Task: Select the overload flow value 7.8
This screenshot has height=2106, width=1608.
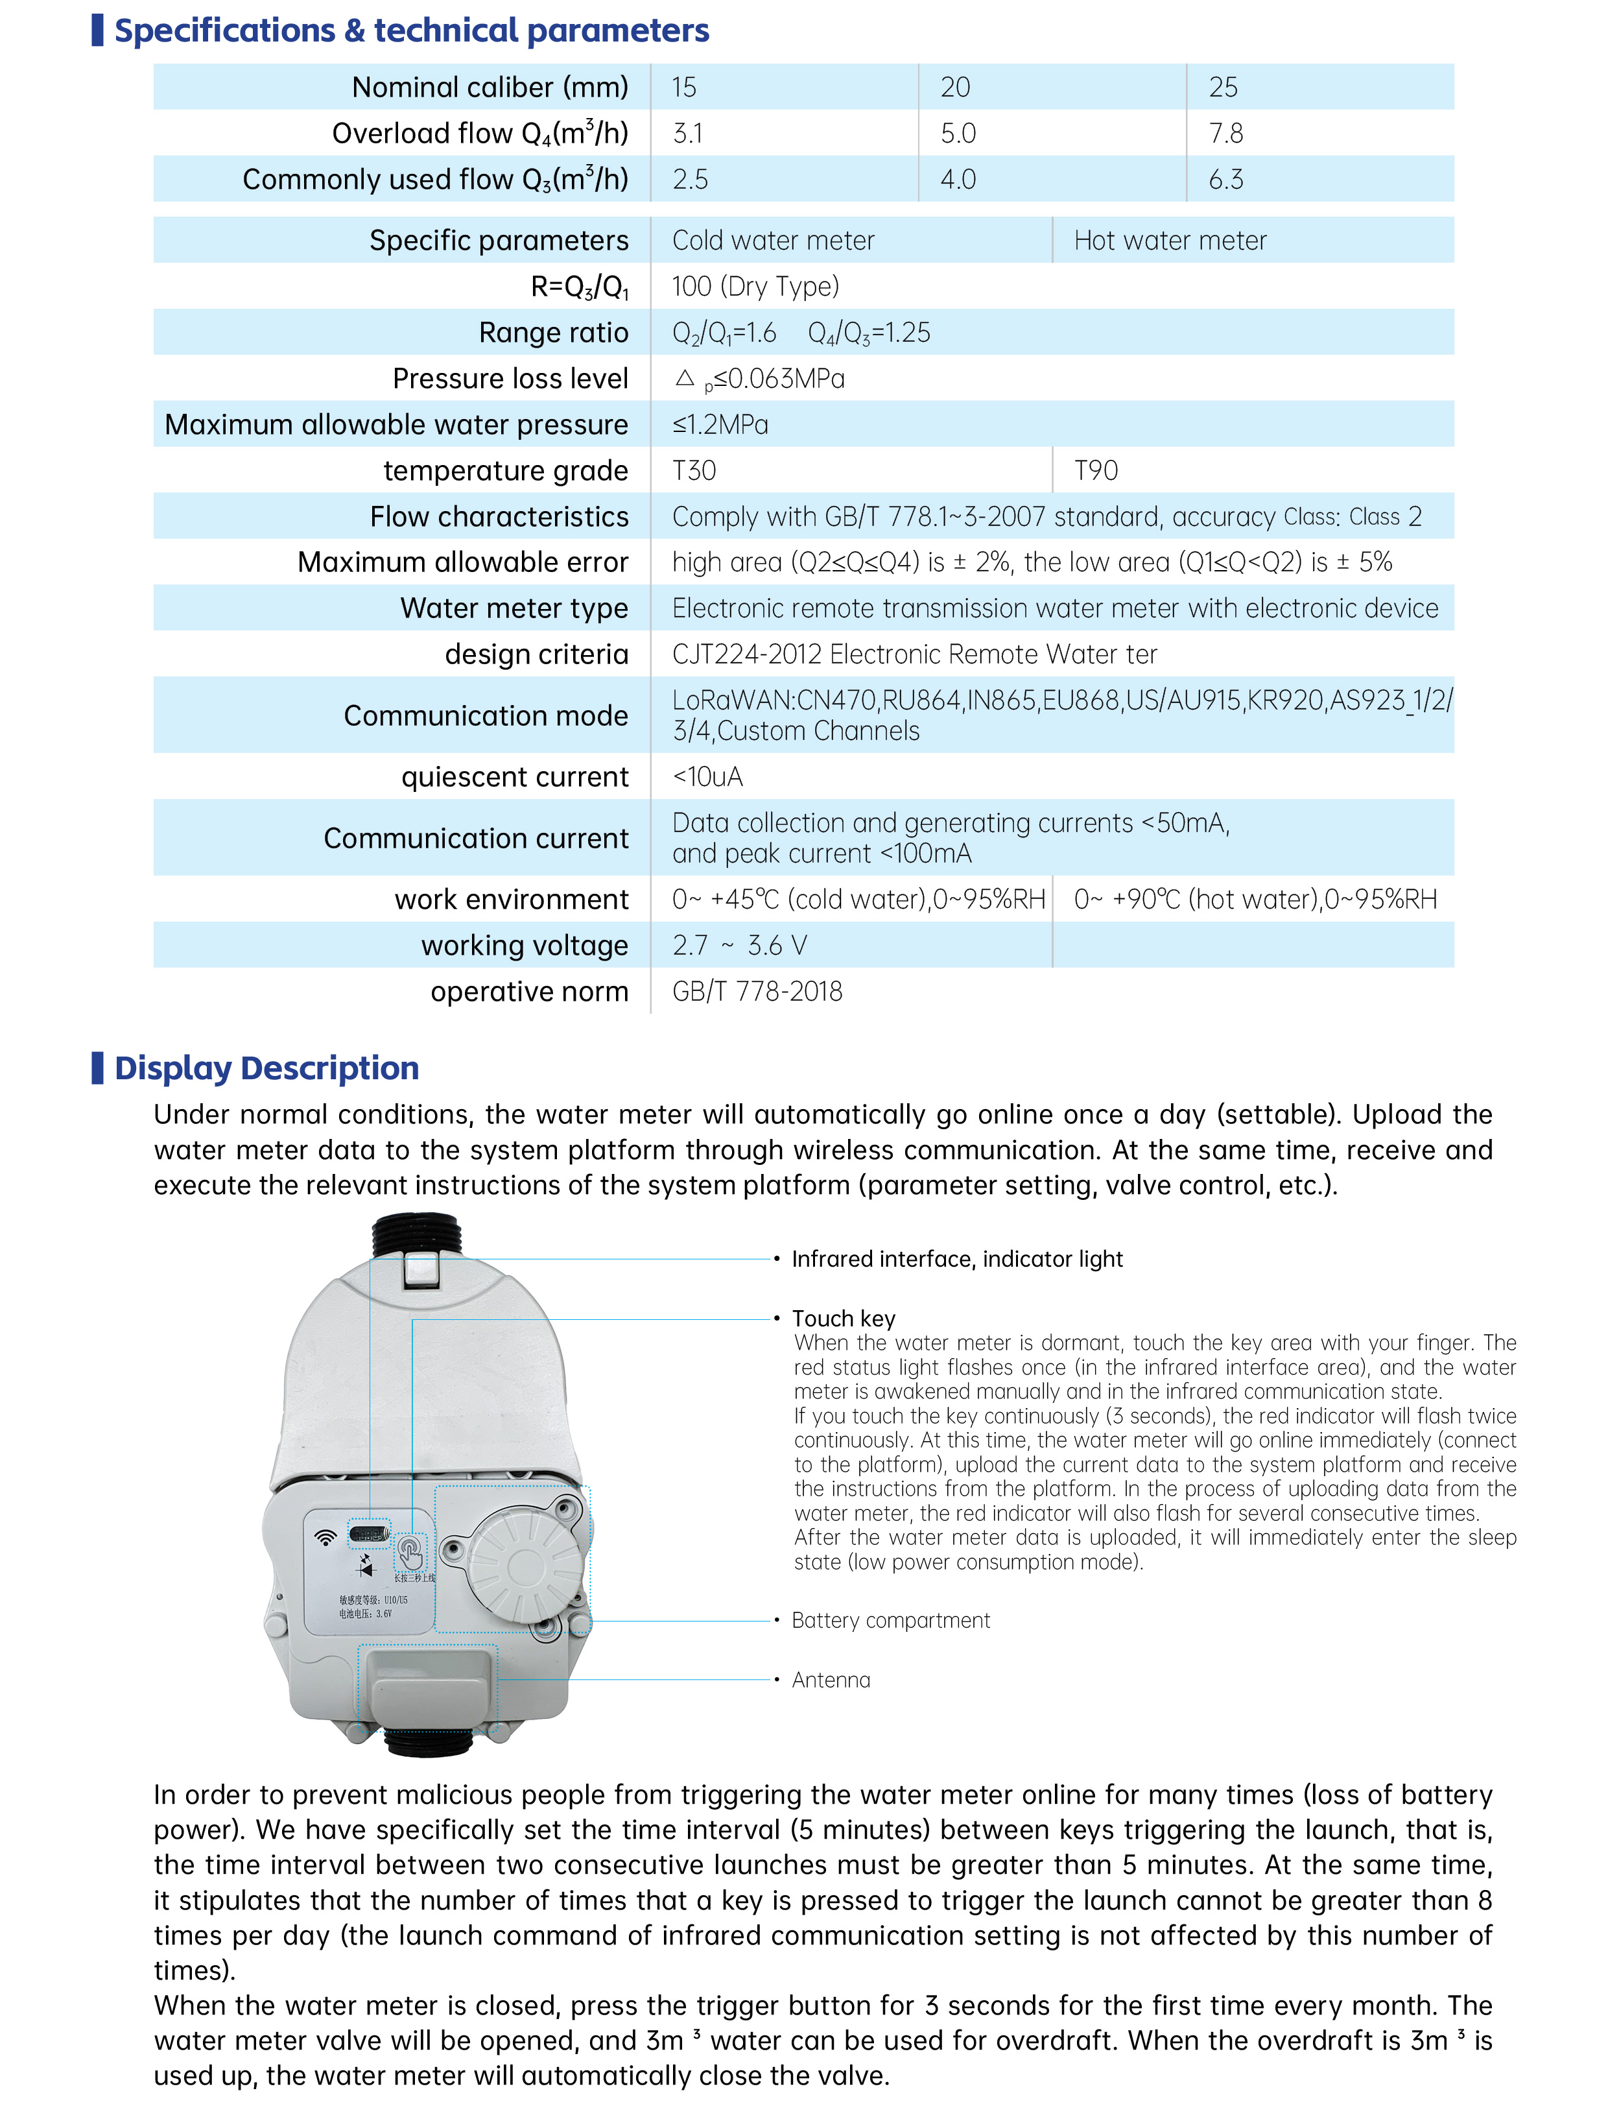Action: [x=1225, y=133]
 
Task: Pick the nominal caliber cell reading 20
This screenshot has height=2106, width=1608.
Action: [x=955, y=87]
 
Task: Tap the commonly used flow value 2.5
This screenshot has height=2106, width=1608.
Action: [x=690, y=179]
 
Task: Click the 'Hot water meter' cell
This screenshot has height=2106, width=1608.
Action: [x=1170, y=240]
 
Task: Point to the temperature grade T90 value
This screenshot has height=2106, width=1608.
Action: [x=1096, y=470]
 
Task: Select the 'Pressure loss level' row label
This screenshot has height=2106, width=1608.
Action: [x=510, y=378]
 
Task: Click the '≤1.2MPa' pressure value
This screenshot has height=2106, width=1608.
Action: [x=720, y=424]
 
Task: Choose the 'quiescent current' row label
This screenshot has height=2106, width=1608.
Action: [x=515, y=776]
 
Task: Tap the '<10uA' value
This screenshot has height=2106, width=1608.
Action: [x=707, y=776]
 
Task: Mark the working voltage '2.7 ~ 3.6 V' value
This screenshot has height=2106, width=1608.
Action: [x=739, y=945]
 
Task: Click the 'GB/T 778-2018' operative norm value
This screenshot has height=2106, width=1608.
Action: [x=757, y=991]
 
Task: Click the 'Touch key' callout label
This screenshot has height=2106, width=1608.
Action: [x=844, y=1318]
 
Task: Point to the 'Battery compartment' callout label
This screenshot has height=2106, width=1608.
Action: [x=890, y=1620]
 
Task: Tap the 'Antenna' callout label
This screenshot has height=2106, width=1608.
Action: [x=831, y=1679]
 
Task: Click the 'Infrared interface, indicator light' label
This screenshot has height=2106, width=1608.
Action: [x=957, y=1259]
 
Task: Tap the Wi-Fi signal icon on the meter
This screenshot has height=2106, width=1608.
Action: [x=326, y=1537]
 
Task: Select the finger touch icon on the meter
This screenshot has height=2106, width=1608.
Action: [x=410, y=1551]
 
